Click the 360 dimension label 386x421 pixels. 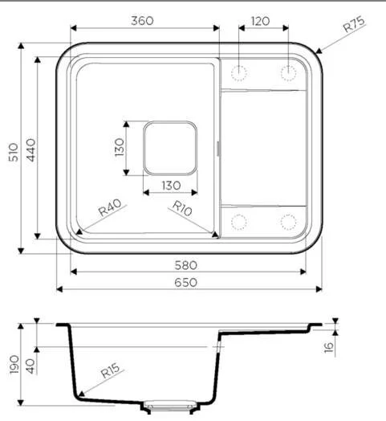click(143, 21)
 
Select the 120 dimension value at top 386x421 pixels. click(260, 21)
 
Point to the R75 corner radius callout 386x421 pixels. click(354, 25)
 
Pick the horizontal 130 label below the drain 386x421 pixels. click(170, 186)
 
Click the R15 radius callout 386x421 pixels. click(110, 373)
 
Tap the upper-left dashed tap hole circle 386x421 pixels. click(238, 73)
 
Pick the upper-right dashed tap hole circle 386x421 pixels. click(287, 73)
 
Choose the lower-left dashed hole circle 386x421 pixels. click(238, 221)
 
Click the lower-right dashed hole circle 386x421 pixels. click(287, 221)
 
